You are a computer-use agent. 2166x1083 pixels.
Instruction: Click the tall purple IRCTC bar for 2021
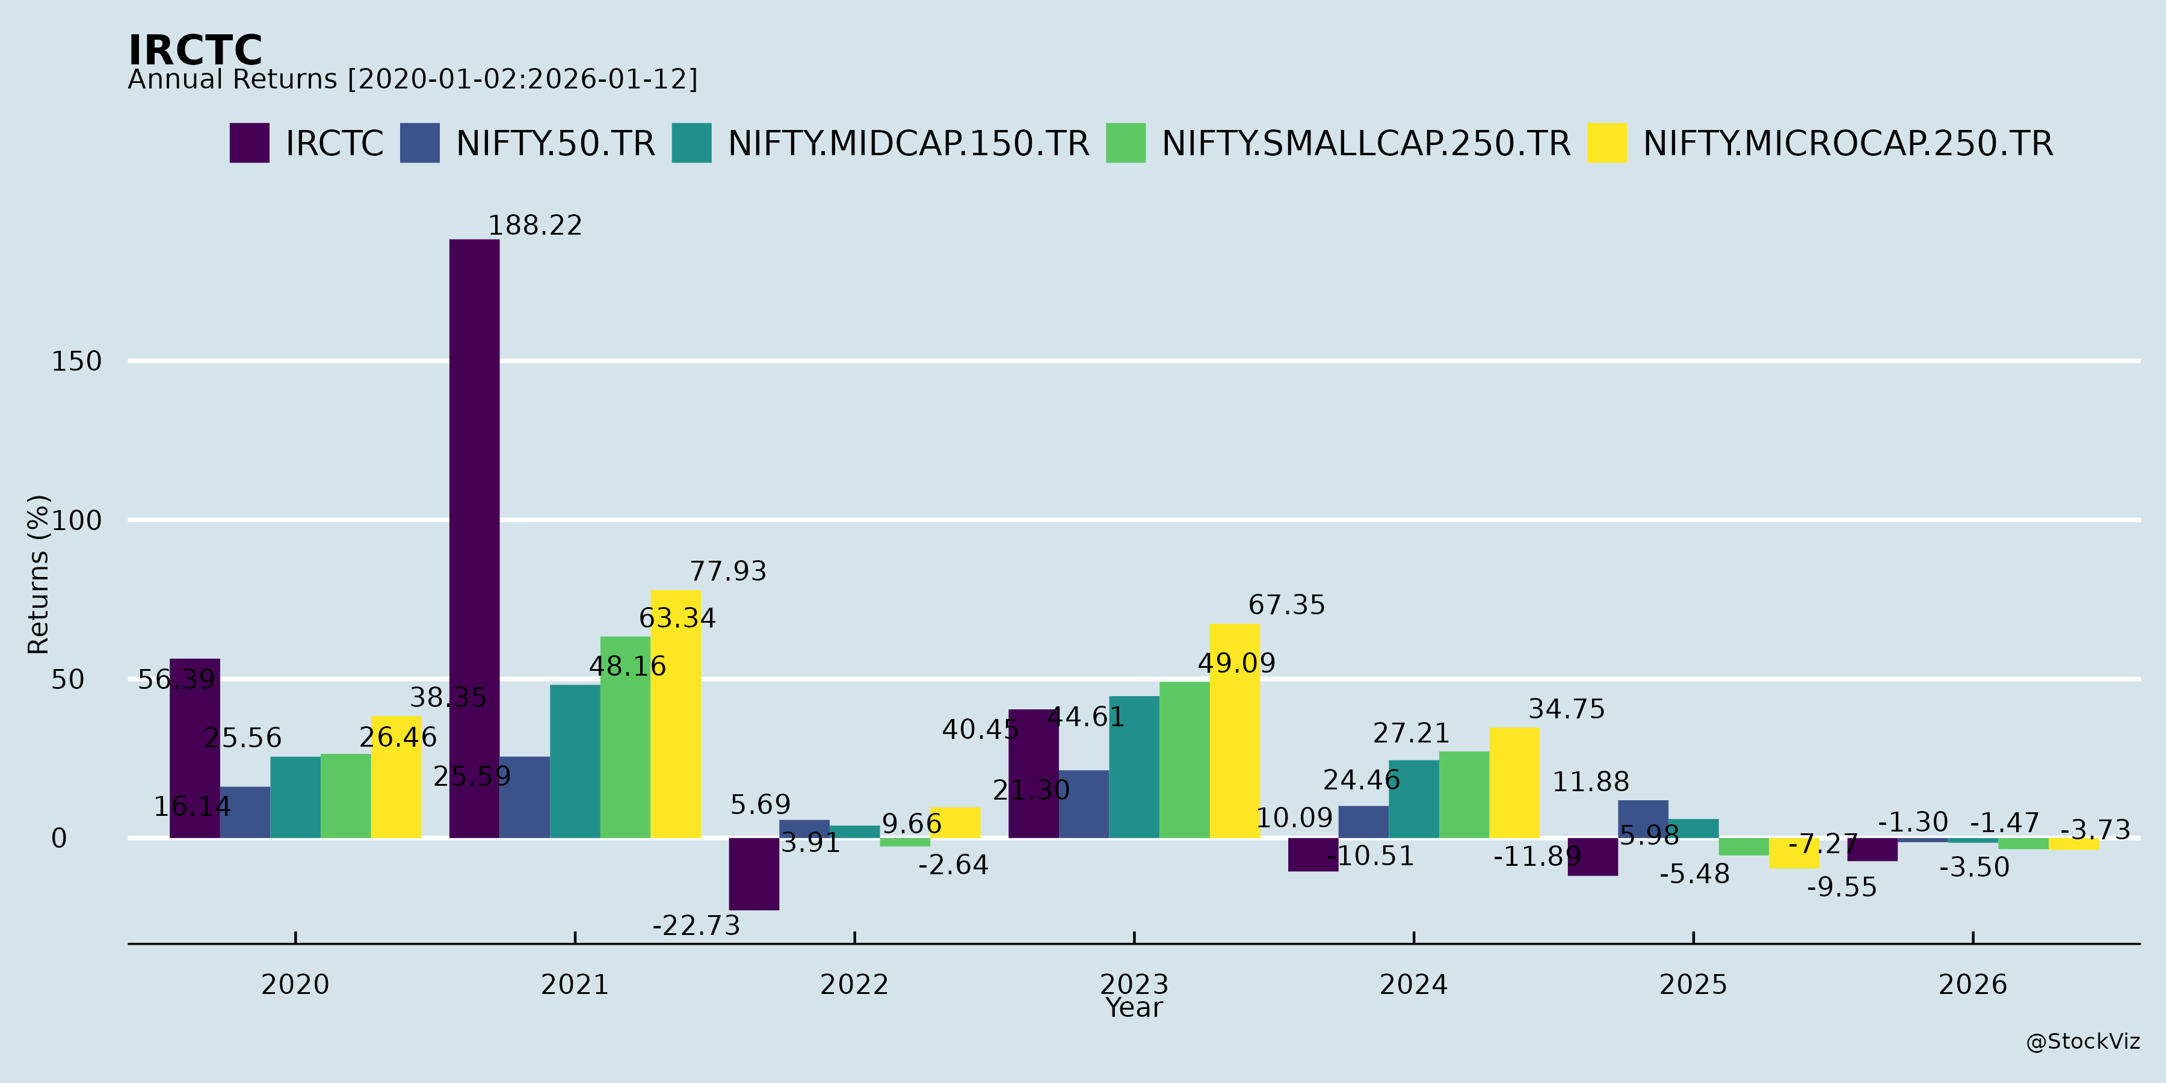tap(474, 538)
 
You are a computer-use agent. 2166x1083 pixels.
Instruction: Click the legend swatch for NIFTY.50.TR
tap(419, 143)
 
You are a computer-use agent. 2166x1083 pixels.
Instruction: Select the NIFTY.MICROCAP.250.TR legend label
tap(1847, 144)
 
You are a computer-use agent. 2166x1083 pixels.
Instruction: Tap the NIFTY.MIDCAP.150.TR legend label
tap(908, 144)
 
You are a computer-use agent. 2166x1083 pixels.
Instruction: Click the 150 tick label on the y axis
tap(76, 362)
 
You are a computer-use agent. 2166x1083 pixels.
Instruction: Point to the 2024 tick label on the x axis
tap(1413, 984)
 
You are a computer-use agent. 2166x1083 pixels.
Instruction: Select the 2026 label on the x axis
tap(1973, 984)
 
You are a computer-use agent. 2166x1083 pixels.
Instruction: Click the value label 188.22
tap(535, 226)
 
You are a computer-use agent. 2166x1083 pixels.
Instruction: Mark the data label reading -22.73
tap(696, 926)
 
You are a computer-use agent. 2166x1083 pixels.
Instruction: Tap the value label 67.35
tap(1286, 605)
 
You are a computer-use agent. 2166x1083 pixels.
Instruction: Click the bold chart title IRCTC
tap(195, 51)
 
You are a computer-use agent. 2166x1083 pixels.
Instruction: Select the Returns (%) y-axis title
tap(38, 575)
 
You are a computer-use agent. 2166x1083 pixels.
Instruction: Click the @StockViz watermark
tap(2083, 1042)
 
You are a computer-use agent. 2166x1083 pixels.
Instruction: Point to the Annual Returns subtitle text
tap(412, 80)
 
